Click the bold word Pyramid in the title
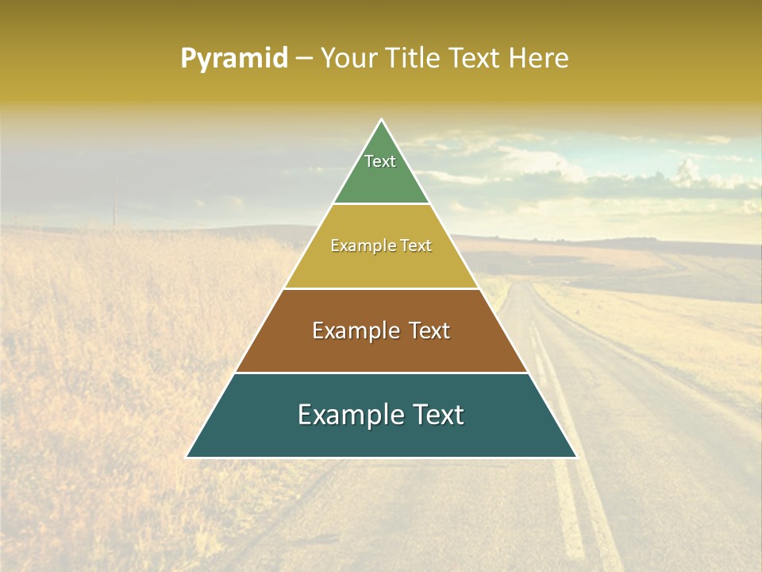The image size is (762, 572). point(233,59)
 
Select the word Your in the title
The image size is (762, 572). point(347,59)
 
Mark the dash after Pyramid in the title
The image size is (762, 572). point(303,59)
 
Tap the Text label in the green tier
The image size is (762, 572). point(380,161)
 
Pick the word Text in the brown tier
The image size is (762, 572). point(429,330)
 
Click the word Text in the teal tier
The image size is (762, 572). point(438,415)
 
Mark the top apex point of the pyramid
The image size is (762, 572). point(381,120)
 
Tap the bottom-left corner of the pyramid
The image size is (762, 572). point(187,457)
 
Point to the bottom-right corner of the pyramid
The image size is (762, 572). point(576,457)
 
